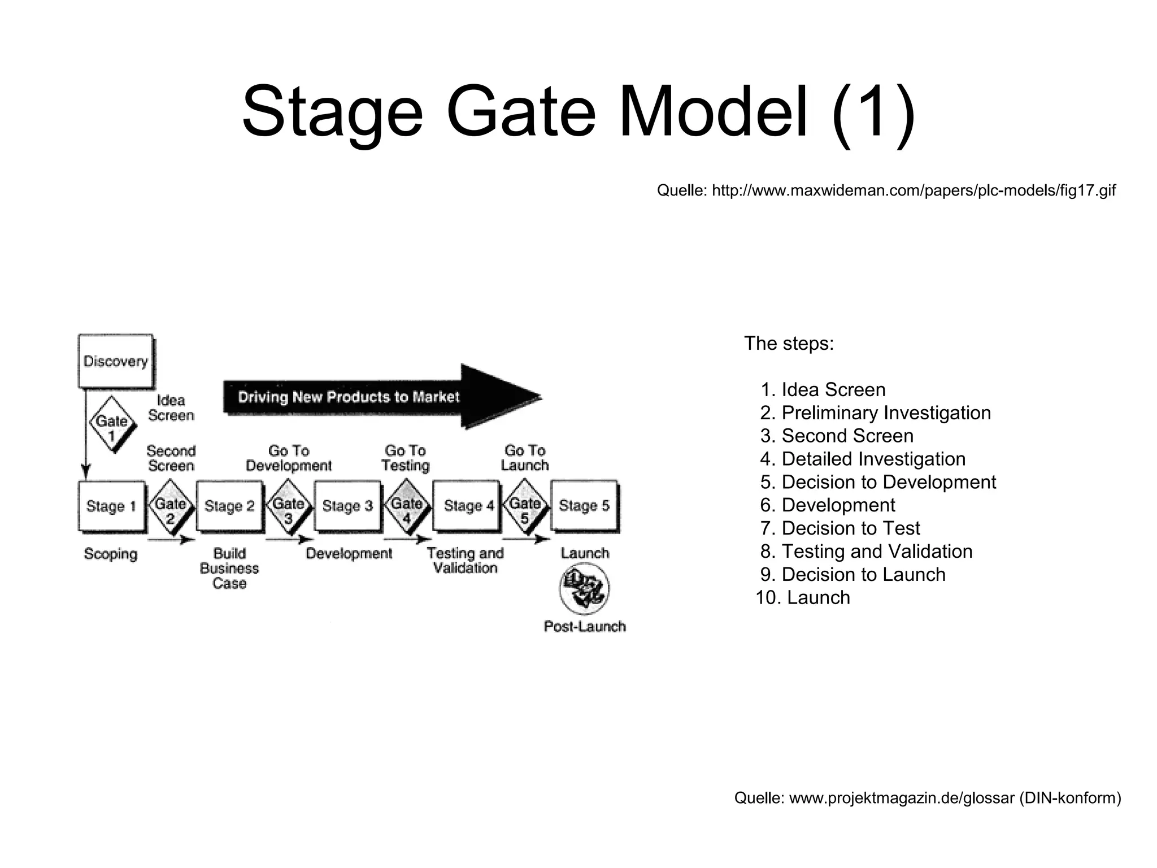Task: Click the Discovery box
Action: click(116, 361)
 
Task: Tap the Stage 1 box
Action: click(111, 506)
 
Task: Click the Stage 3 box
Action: click(347, 506)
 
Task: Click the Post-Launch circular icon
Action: click(584, 589)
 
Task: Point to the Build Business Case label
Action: click(229, 568)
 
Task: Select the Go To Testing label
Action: click(405, 458)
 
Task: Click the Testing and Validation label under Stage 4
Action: click(465, 560)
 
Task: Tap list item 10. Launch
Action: click(803, 597)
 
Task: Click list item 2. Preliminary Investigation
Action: click(875, 413)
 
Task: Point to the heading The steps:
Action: click(789, 343)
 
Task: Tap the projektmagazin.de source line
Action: click(927, 798)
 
